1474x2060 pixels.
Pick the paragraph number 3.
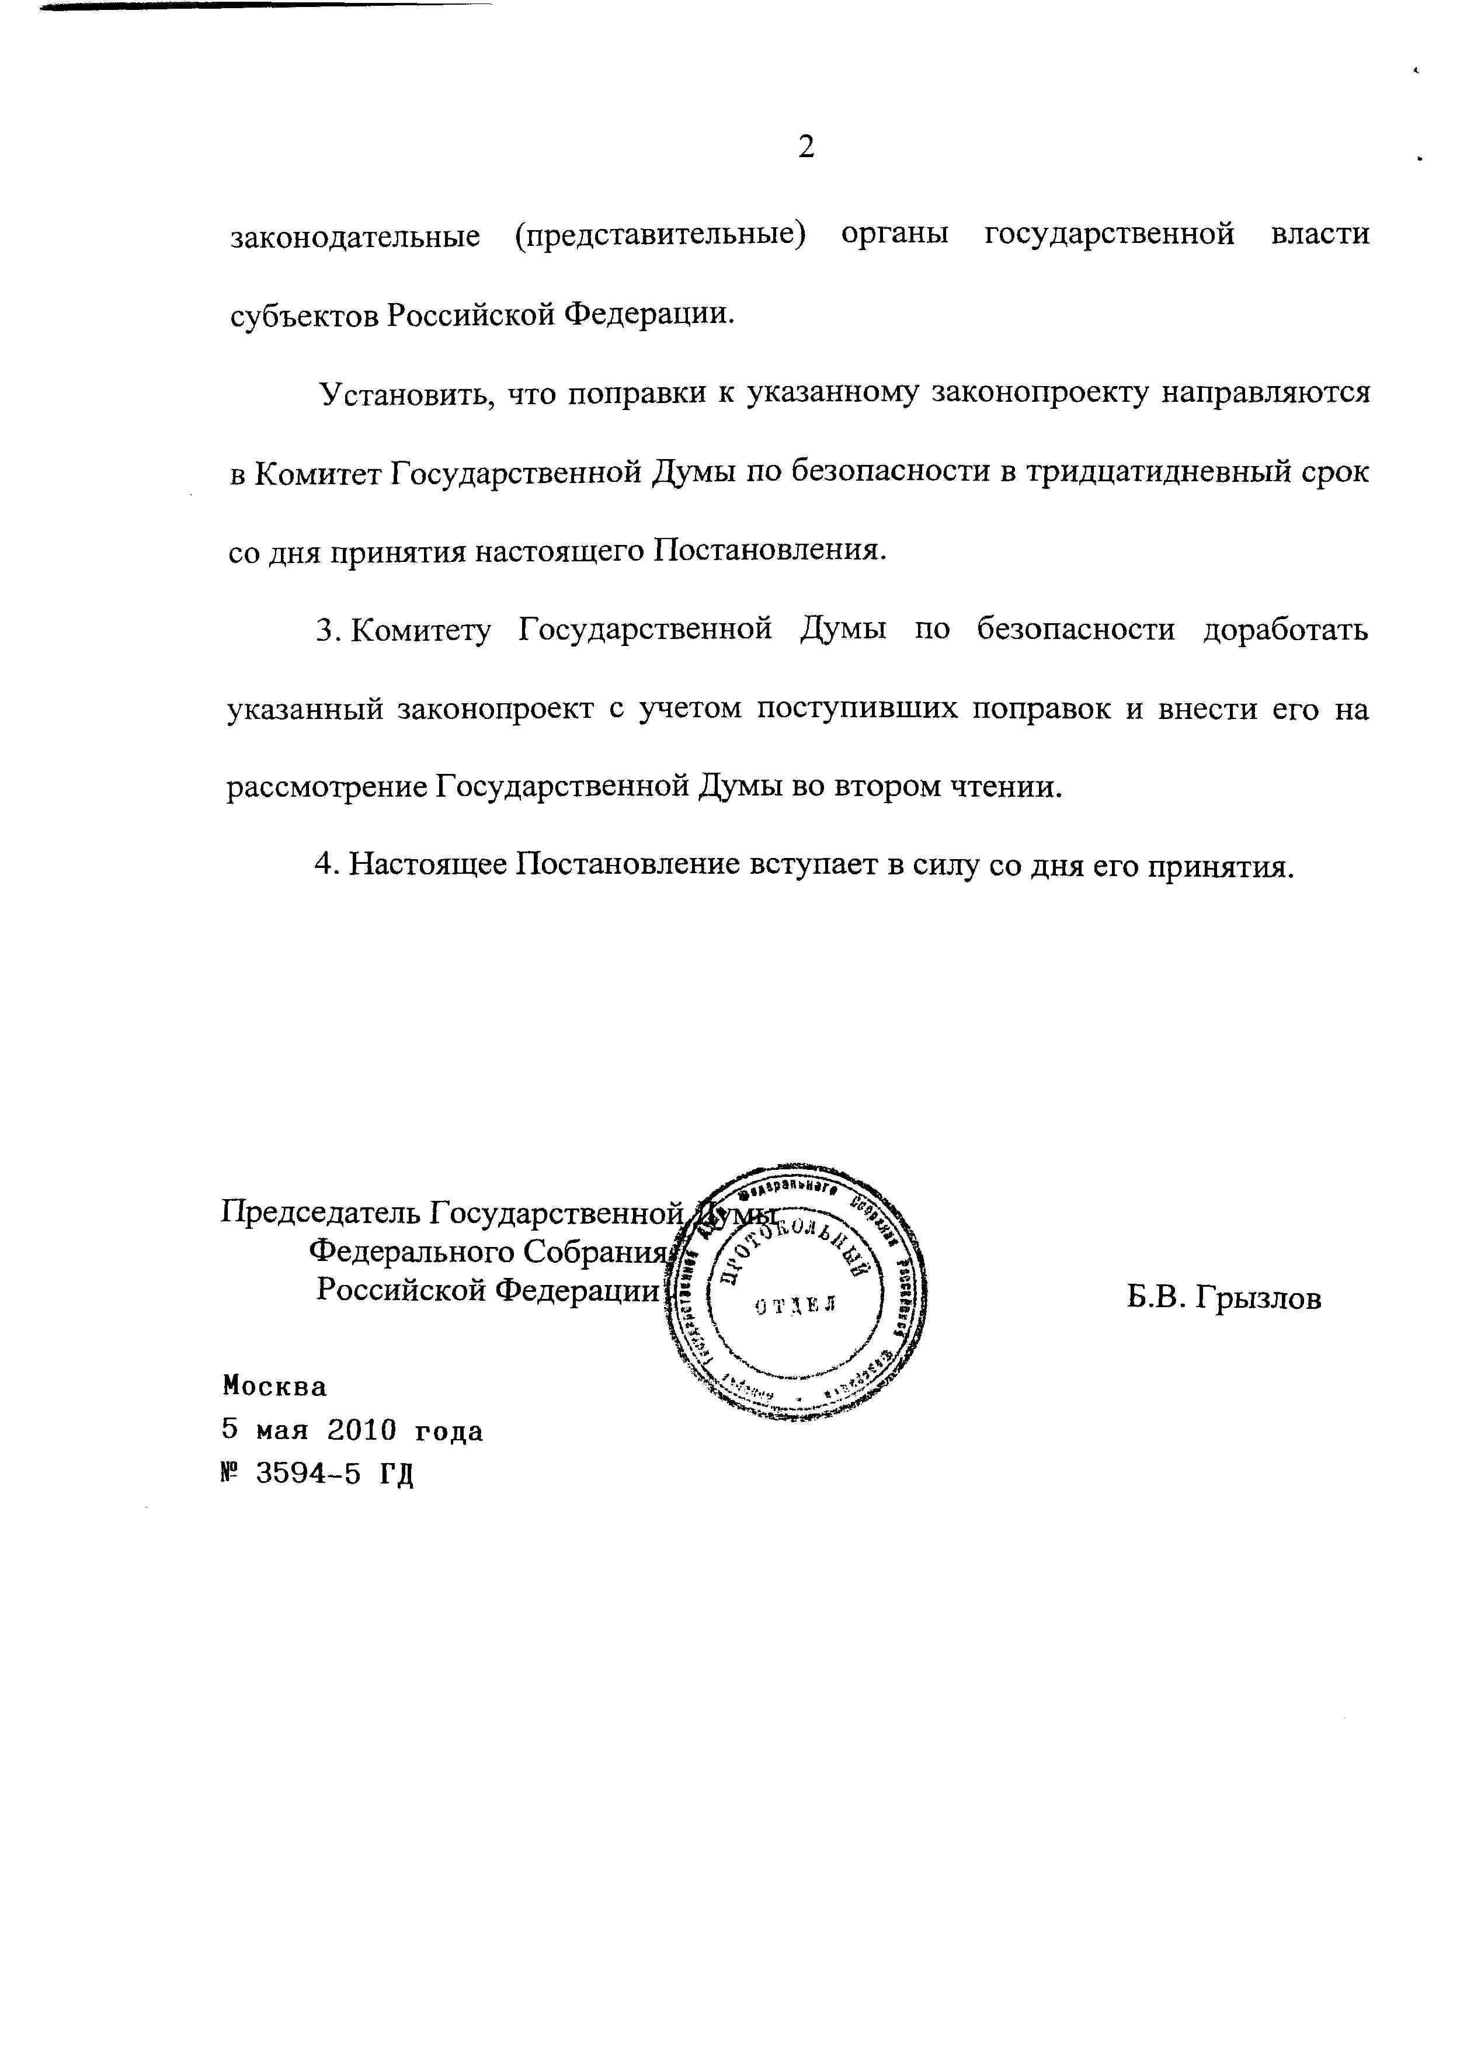(326, 630)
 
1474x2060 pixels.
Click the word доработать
(1285, 630)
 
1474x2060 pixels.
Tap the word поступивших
(858, 708)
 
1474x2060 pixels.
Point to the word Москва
(274, 1387)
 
